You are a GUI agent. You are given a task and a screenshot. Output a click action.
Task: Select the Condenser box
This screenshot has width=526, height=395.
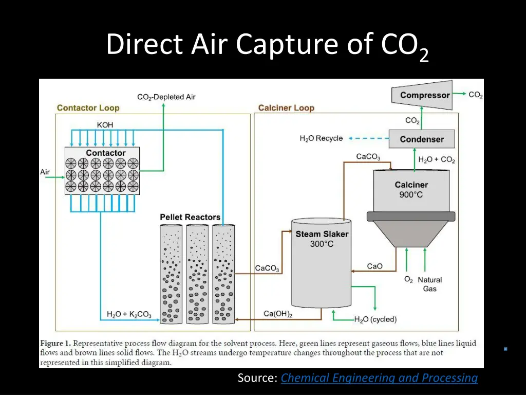422,139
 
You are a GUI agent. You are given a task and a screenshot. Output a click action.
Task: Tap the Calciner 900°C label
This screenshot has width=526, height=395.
411,190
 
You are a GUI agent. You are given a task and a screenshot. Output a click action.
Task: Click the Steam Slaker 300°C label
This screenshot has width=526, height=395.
322,239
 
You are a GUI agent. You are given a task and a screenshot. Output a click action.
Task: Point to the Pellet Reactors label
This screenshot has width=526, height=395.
190,217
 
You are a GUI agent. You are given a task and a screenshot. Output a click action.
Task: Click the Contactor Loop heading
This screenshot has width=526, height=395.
88,108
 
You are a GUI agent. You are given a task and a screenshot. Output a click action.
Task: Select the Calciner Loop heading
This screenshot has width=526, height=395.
286,108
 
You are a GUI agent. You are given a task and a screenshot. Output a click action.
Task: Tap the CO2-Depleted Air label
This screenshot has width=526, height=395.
166,97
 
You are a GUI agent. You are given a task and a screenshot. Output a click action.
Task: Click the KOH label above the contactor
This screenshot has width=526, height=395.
105,124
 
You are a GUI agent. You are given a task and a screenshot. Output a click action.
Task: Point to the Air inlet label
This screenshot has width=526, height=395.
45,172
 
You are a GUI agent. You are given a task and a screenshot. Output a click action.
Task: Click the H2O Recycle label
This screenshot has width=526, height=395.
321,138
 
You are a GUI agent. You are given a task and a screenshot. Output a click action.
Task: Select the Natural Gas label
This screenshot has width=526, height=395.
430,284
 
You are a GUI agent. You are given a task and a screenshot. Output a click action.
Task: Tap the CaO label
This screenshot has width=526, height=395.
375,266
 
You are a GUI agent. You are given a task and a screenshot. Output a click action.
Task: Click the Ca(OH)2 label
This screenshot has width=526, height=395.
278,314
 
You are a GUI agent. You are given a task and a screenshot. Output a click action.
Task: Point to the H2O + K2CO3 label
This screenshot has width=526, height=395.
129,314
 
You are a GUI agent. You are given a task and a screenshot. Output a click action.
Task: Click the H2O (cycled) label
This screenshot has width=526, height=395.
375,319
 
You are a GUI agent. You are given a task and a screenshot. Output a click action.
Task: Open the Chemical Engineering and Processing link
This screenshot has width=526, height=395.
379,378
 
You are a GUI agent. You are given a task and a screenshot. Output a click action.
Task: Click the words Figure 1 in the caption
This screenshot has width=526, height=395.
55,343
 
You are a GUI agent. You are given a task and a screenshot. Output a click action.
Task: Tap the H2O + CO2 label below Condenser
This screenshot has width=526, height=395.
437,160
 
